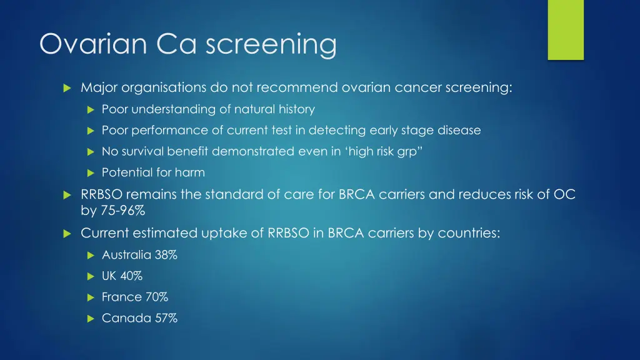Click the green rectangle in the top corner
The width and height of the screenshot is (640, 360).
pyautogui.click(x=566, y=29)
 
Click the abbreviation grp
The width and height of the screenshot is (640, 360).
pyautogui.click(x=406, y=152)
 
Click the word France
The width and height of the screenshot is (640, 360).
pyautogui.click(x=121, y=297)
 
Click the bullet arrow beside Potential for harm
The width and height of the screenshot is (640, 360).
pyautogui.click(x=90, y=173)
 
